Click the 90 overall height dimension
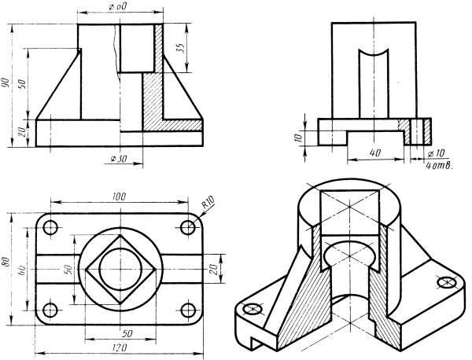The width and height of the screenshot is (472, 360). coord(6,83)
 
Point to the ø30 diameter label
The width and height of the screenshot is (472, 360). coord(119,160)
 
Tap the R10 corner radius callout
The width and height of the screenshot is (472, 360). coord(208,204)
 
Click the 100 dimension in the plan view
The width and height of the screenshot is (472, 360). coord(119,196)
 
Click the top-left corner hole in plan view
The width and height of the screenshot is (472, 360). coord(51,229)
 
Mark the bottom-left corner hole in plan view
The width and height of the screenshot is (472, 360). coord(51,307)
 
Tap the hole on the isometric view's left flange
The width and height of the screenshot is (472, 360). coord(253,310)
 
